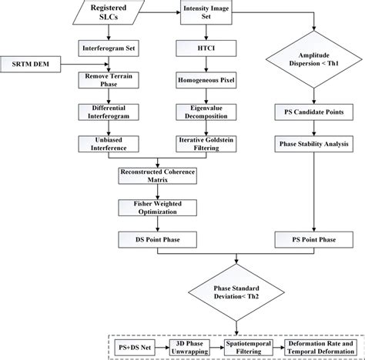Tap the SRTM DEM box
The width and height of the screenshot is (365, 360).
click(x=29, y=61)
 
